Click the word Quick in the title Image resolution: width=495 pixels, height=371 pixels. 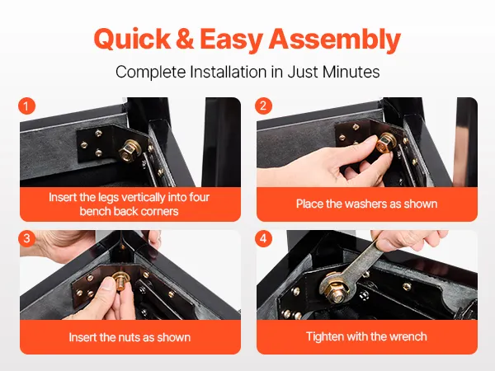(x=132, y=39)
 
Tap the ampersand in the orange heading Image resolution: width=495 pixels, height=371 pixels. (x=185, y=39)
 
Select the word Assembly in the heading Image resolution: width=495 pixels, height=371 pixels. (x=334, y=40)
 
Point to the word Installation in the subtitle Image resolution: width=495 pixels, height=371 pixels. (x=229, y=72)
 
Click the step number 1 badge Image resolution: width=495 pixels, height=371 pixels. (x=26, y=106)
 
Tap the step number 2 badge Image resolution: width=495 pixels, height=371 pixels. (x=263, y=106)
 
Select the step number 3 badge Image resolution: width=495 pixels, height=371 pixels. (x=26, y=238)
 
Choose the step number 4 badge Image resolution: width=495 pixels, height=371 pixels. (x=263, y=238)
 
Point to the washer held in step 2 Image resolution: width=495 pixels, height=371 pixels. (x=385, y=143)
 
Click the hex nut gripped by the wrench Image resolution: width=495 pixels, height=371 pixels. (x=337, y=292)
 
